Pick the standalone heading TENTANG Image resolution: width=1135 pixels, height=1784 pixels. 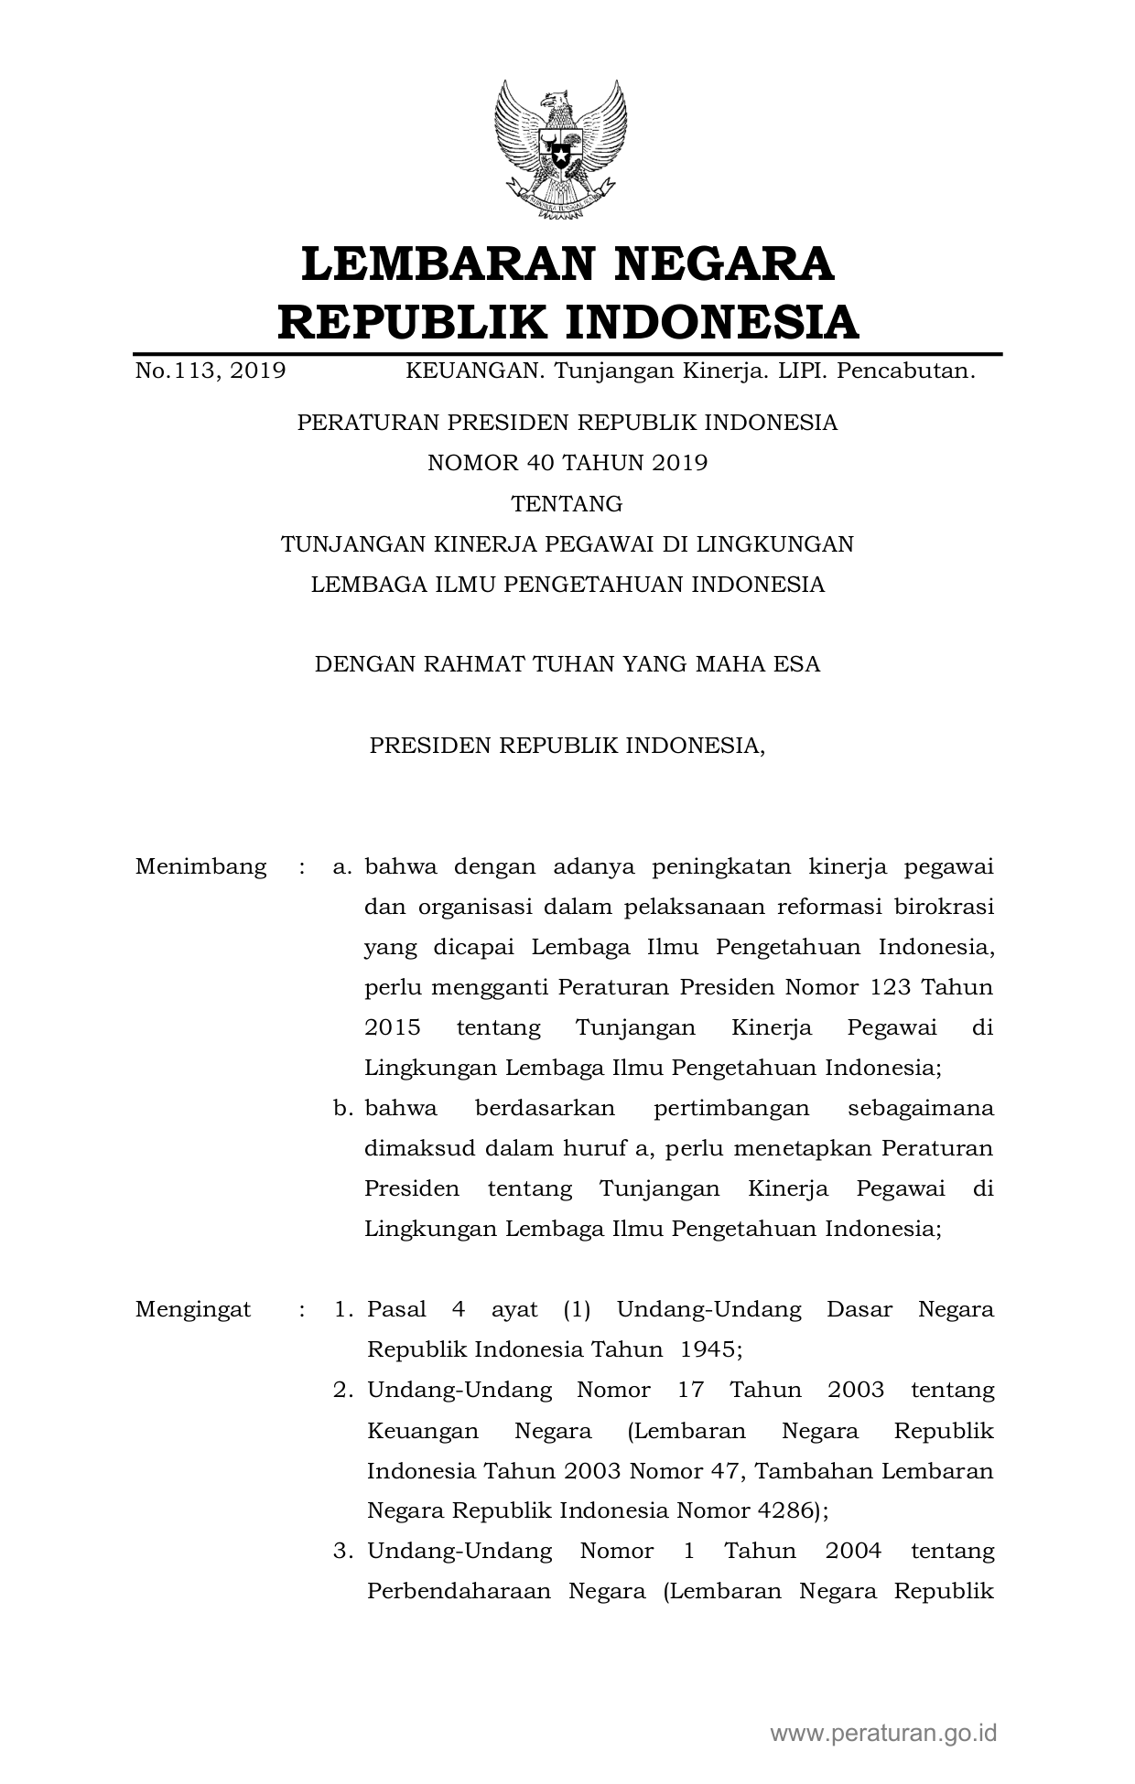point(567,504)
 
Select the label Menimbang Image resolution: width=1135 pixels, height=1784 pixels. point(200,866)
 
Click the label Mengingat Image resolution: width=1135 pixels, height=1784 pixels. point(193,1309)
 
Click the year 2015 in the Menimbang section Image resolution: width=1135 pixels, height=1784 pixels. point(393,1027)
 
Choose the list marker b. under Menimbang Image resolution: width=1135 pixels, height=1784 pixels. point(343,1108)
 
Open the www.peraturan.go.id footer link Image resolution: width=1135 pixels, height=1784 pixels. point(883,1733)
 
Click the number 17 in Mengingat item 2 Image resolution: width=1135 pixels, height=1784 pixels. point(690,1390)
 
